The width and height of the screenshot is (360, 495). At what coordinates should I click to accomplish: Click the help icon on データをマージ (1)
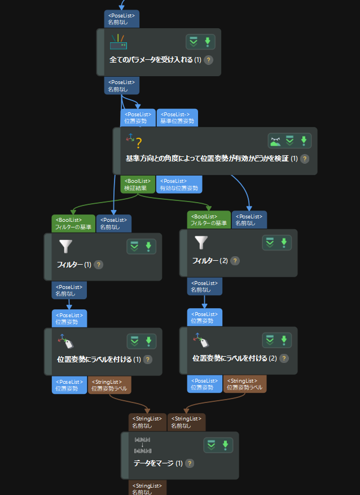tap(190, 463)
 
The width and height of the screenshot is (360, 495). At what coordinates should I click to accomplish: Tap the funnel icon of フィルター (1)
tap(65, 247)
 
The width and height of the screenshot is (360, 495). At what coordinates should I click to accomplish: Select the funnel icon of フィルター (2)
tap(201, 242)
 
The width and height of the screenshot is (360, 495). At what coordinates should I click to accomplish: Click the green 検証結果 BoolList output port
tap(135, 185)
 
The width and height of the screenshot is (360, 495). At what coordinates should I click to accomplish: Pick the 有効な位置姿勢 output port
tap(177, 185)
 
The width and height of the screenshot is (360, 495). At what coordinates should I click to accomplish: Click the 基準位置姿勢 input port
tap(177, 117)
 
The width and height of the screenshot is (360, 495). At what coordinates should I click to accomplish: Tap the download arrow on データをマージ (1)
tap(225, 445)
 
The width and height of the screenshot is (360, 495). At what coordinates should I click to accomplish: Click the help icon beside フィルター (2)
tap(235, 261)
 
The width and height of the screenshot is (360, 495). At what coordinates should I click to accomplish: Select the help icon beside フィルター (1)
tap(99, 265)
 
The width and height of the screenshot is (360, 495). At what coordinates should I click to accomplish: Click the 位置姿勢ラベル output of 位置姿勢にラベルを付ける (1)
tap(109, 386)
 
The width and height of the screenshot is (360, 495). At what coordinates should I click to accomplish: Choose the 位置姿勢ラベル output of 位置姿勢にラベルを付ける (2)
tap(245, 384)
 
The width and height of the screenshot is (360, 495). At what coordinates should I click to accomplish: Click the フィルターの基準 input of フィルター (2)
tap(209, 220)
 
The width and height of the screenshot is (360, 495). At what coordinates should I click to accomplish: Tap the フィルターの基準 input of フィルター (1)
tap(73, 224)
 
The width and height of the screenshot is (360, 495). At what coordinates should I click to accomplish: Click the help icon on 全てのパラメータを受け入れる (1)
tap(208, 60)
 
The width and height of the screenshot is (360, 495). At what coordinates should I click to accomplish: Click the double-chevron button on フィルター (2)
tap(270, 243)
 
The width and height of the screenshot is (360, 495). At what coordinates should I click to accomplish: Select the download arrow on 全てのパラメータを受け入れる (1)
tap(207, 42)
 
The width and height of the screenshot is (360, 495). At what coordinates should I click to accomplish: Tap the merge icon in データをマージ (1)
tap(142, 445)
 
